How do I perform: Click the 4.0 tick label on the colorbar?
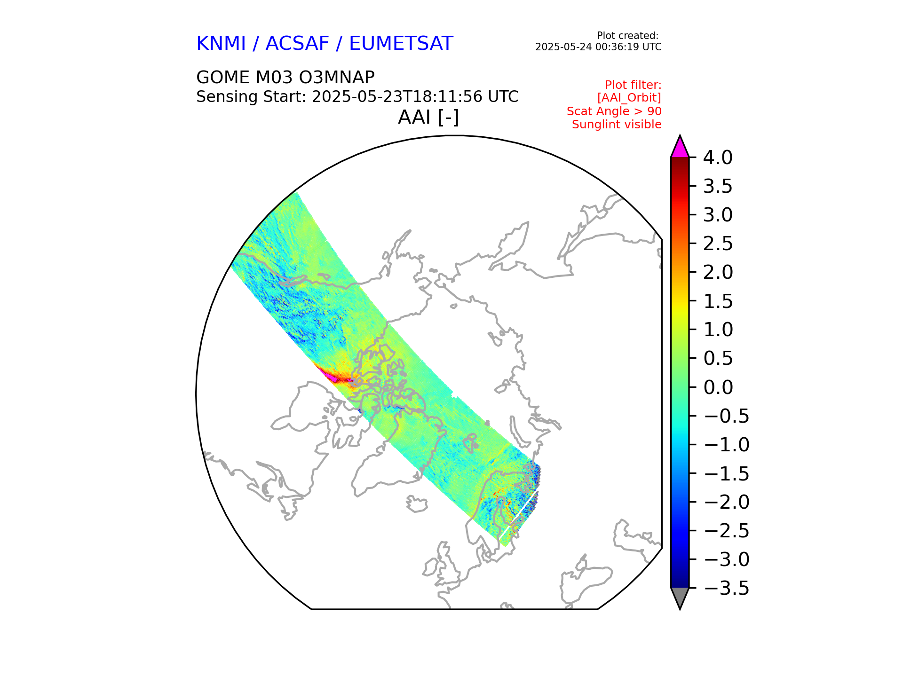pos(717,158)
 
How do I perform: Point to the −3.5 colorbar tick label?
pos(727,588)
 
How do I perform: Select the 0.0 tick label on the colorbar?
pos(718,387)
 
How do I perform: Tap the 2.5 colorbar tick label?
pos(718,244)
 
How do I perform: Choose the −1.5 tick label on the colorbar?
pos(727,473)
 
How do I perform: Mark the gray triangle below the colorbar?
pos(680,597)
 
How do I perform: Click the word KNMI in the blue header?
pos(221,44)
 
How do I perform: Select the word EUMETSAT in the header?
pos(401,44)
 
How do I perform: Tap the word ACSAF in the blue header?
pos(297,44)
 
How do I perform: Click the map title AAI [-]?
pos(428,117)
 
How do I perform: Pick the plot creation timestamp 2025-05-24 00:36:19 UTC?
pos(598,47)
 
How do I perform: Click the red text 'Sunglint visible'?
pos(616,125)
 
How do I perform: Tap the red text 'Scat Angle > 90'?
pos(614,111)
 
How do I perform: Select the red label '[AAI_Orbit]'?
pos(629,98)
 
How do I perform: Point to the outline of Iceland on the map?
pos(417,504)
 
